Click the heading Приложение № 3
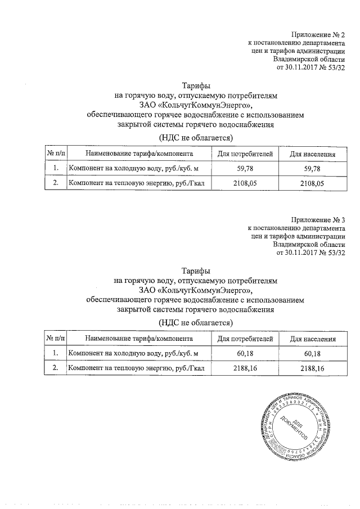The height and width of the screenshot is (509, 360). coord(318,219)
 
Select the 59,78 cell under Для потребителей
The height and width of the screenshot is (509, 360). coord(245,168)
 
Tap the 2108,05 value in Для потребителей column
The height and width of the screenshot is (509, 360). coord(245,183)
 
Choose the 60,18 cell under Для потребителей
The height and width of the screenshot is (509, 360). coord(245,353)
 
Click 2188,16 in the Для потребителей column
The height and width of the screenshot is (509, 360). coord(245,368)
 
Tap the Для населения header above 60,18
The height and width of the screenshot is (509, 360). coord(312,339)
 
